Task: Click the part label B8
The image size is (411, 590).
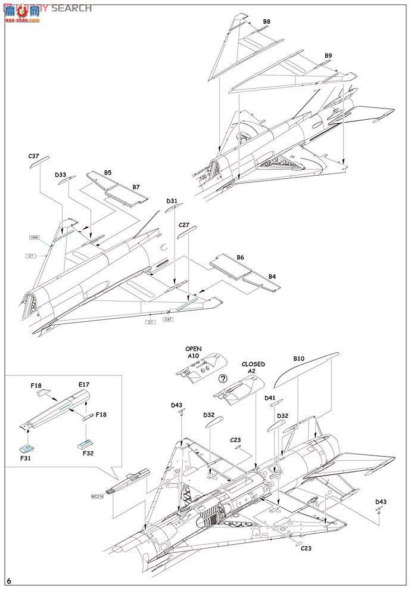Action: [267, 22]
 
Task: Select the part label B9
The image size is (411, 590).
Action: [328, 56]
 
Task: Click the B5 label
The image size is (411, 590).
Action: [107, 173]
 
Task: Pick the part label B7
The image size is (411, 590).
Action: [136, 187]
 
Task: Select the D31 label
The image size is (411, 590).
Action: [172, 201]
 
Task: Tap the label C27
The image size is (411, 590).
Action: [183, 225]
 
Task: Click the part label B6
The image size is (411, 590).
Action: [241, 257]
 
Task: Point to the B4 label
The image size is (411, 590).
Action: [272, 277]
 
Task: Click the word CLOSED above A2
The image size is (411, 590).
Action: [253, 364]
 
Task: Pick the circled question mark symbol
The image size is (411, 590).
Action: [223, 378]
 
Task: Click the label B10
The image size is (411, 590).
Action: [298, 359]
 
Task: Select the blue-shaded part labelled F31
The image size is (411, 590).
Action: [26, 449]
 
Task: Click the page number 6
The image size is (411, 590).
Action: [9, 580]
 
